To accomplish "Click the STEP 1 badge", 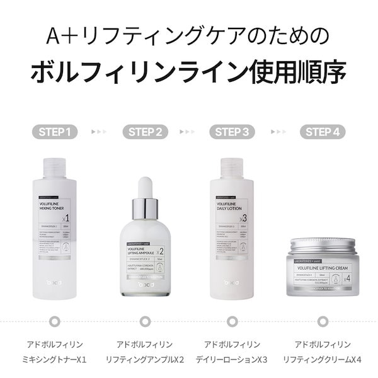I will [54, 132].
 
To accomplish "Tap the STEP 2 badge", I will [145, 132].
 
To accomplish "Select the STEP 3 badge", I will [233, 132].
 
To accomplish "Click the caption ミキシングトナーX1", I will [54, 360].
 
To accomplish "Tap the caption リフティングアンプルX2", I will [144, 360].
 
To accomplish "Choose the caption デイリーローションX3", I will [232, 360].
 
